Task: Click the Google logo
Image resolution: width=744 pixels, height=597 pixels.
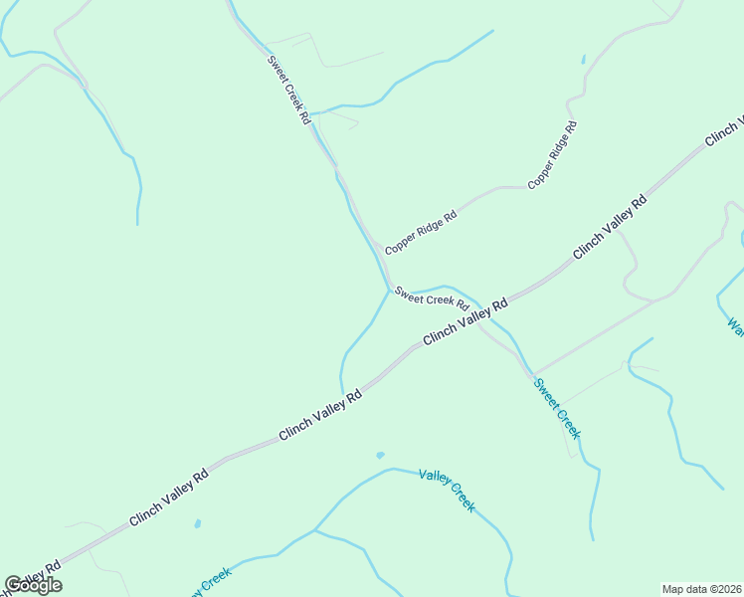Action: [33, 585]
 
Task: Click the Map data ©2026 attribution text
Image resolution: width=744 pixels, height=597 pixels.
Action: [700, 589]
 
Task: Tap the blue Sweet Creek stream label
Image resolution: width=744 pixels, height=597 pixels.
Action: [557, 408]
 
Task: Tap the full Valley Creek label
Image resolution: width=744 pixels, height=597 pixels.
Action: [448, 490]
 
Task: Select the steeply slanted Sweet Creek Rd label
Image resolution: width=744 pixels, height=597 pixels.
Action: [289, 89]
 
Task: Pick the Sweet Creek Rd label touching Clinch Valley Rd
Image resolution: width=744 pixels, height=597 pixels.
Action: [432, 298]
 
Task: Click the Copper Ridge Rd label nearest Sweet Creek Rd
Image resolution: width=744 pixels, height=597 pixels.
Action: [421, 231]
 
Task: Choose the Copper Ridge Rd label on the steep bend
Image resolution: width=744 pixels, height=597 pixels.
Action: [553, 154]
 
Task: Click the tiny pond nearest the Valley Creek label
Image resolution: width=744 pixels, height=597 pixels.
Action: [380, 456]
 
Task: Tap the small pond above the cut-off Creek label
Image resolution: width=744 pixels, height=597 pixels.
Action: [198, 523]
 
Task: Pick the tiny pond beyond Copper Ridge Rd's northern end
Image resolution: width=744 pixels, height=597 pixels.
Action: [583, 60]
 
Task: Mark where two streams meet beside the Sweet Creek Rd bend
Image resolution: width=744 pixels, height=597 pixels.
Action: [389, 292]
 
